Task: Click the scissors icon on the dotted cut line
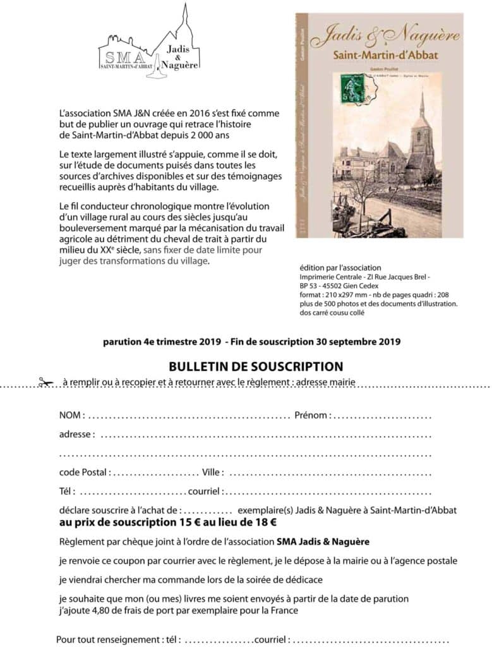click(x=45, y=382)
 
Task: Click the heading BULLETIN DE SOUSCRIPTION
click(x=256, y=366)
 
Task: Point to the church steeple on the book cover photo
click(x=421, y=111)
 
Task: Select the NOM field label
click(x=71, y=415)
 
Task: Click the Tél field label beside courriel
click(x=67, y=491)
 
